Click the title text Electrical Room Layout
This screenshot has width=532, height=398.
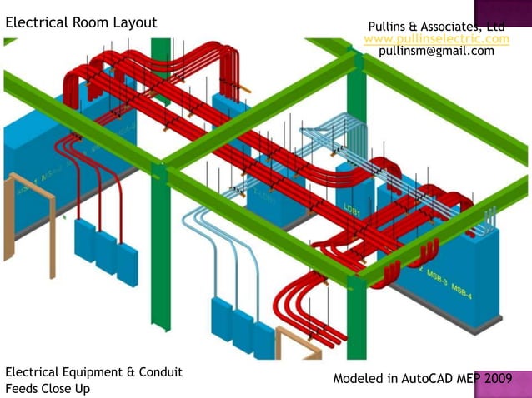pos(81,22)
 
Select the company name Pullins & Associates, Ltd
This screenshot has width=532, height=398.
pos(436,27)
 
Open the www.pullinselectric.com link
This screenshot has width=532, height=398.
pos(436,39)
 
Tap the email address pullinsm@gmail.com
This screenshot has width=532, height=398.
pos(436,51)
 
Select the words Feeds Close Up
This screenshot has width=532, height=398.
pos(48,388)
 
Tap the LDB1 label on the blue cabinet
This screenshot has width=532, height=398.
pos(351,212)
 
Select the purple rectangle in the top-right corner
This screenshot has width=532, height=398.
pos(503,12)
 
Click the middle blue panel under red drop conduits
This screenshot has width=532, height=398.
pos(106,252)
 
